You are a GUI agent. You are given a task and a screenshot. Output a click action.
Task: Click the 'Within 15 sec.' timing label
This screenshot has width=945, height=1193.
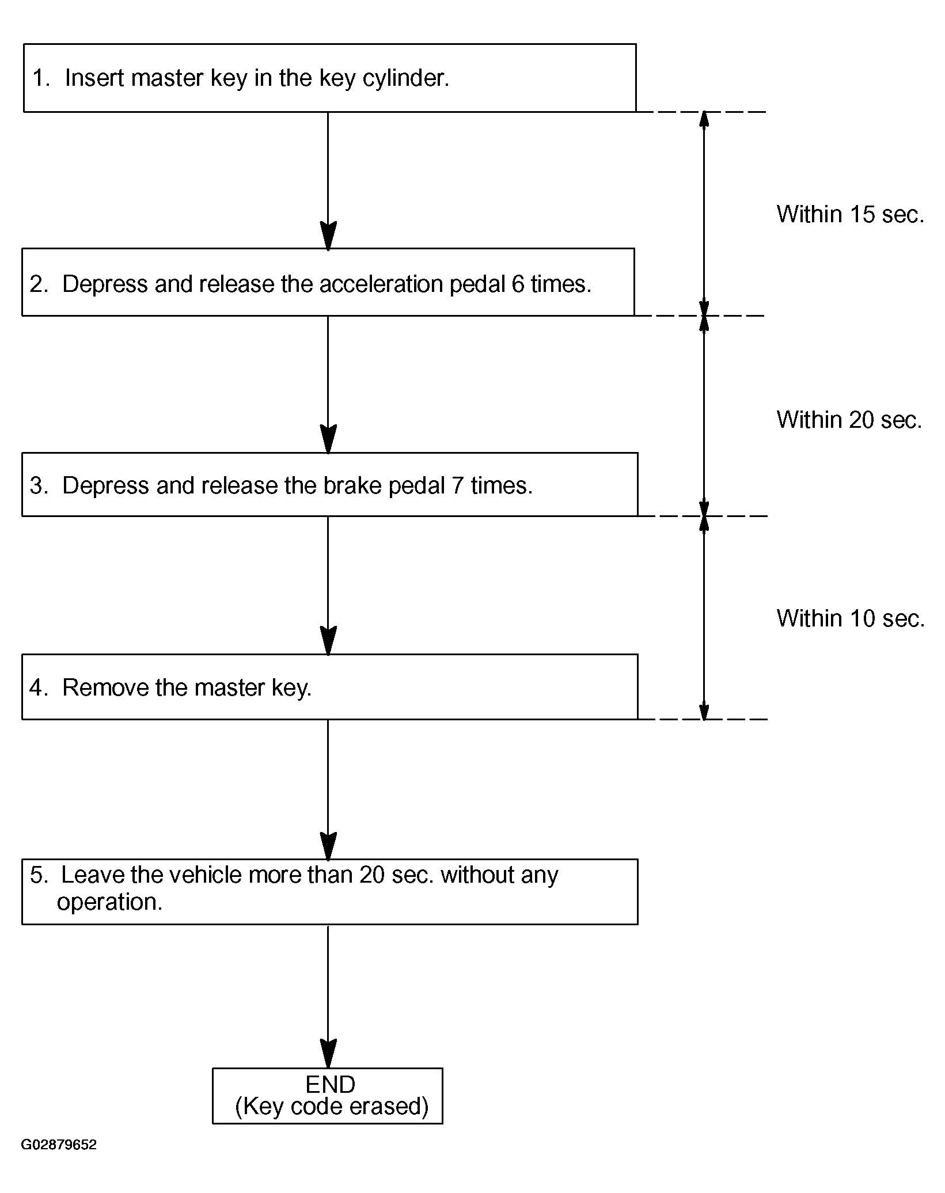click(850, 214)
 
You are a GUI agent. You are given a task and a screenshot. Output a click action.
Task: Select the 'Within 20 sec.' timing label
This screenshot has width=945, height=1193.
click(849, 420)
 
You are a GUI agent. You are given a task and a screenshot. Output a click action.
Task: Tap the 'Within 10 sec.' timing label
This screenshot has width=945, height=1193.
click(851, 618)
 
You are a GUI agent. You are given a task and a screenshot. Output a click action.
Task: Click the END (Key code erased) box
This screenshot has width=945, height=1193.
click(328, 1096)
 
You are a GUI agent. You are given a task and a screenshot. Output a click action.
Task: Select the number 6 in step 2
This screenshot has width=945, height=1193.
click(518, 284)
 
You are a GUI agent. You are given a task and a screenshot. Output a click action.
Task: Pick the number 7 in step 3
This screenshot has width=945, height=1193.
click(458, 485)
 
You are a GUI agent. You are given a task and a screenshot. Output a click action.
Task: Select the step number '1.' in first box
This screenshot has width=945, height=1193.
click(41, 78)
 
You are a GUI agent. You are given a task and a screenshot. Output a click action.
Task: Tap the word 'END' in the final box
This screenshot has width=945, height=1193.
click(331, 1085)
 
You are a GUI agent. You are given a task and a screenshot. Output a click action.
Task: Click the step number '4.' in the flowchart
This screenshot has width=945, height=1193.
click(39, 687)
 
